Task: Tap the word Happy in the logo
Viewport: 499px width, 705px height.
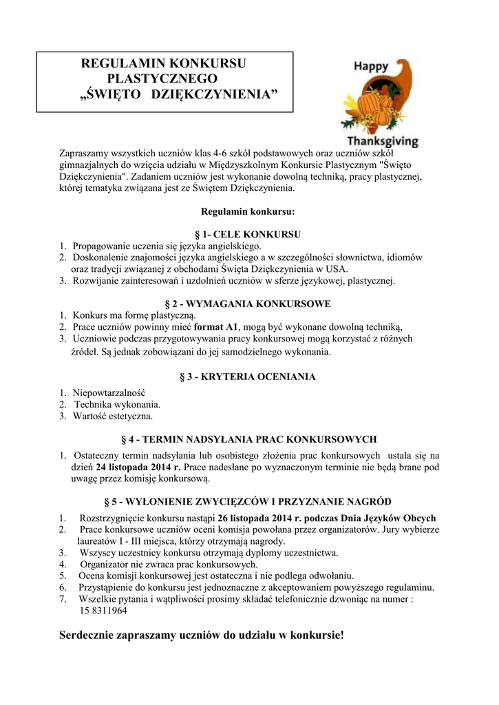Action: (x=372, y=67)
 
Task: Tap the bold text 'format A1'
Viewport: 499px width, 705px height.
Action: (x=215, y=326)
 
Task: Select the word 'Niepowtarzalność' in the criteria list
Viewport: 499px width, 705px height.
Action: (x=105, y=392)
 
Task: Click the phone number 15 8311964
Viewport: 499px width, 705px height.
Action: (x=103, y=611)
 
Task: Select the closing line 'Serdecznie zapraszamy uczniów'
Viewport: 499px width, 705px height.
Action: (x=202, y=634)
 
